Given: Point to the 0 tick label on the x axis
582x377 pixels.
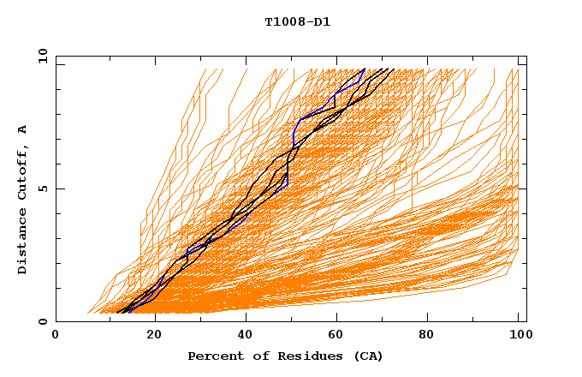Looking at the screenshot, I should [56, 336].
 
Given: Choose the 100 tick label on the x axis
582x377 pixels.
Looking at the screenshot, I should [518, 336].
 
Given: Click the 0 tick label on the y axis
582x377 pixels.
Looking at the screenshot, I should [43, 321].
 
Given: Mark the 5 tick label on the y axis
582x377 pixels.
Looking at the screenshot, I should [43, 188].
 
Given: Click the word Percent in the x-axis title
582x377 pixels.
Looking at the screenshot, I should [213, 356].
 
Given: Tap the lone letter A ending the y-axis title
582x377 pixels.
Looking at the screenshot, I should [22, 129].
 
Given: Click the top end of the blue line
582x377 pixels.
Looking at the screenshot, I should [364, 69].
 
